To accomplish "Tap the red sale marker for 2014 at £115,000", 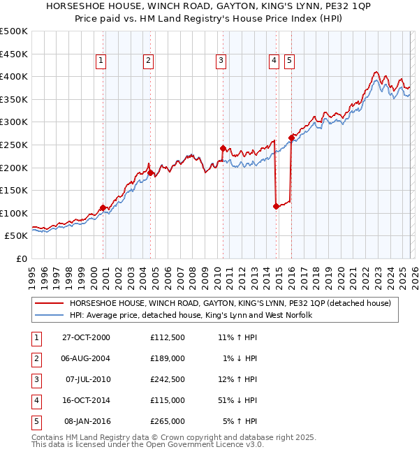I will pos(276,206).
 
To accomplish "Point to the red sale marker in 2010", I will pos(223,148).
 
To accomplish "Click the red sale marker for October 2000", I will pos(103,207).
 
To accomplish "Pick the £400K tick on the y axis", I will pos(15,76).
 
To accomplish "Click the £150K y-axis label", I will pos(15,190).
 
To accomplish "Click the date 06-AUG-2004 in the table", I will pos(86,358).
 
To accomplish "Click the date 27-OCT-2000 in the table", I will pos(86,337).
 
